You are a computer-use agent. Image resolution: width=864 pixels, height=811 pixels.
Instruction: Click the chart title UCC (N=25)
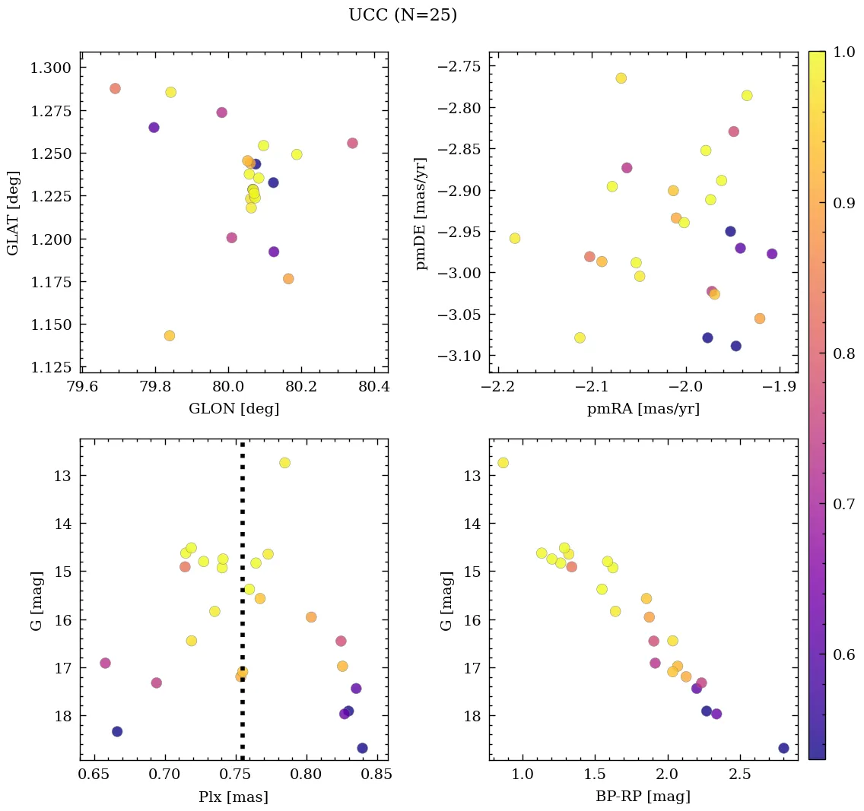tap(402, 15)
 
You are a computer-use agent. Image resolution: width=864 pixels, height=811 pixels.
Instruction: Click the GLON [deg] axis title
tap(233, 409)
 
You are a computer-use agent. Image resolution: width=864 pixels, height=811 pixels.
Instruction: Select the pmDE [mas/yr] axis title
tap(421, 214)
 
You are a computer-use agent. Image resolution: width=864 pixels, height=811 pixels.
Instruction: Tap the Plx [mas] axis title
tap(233, 797)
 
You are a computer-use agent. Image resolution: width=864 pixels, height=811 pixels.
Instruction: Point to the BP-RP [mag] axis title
tap(643, 797)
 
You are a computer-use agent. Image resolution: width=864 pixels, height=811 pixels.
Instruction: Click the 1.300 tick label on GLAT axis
tap(50, 68)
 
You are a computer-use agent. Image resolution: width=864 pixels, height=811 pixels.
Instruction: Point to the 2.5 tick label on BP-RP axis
tap(739, 775)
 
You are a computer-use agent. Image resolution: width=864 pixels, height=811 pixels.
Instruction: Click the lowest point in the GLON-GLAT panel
tap(170, 335)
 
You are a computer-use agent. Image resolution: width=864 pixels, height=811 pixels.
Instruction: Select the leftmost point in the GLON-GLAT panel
tap(115, 88)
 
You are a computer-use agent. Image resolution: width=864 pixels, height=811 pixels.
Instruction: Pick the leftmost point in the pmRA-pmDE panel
tap(515, 238)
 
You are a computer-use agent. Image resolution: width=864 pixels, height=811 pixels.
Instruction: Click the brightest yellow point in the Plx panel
tap(284, 463)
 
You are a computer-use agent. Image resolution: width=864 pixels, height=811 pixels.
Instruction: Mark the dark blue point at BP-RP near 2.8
tap(783, 748)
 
